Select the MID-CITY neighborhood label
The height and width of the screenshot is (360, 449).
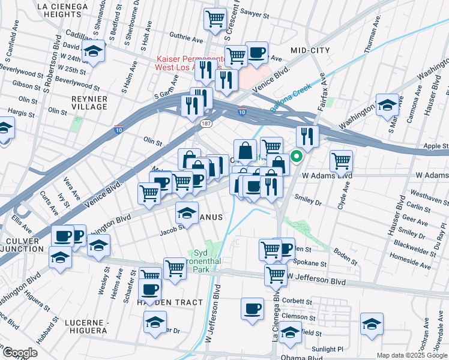(x=310, y=50)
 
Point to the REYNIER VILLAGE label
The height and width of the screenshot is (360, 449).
(x=89, y=103)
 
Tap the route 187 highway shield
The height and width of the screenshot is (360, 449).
(x=205, y=123)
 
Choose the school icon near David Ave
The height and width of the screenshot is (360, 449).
(x=93, y=52)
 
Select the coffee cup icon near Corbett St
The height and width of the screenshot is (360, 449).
(x=252, y=308)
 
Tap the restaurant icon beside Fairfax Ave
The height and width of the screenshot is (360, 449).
(x=307, y=136)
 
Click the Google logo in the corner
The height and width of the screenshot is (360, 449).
(x=19, y=353)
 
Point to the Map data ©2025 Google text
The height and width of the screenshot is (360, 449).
(x=411, y=355)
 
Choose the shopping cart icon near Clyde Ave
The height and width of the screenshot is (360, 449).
(x=341, y=160)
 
